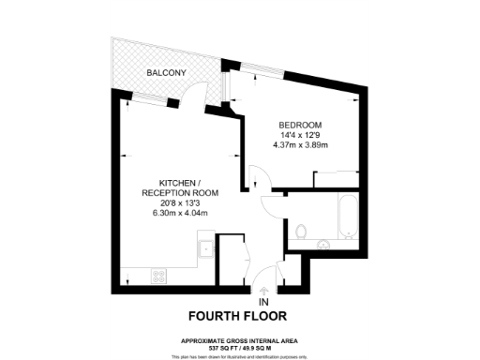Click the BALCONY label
[166, 72]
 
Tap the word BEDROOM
[300, 125]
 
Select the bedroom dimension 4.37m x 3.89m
[300, 145]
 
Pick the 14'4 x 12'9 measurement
[300, 135]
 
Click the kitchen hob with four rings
[158, 276]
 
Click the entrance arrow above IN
[262, 290]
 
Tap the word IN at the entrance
[263, 302]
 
